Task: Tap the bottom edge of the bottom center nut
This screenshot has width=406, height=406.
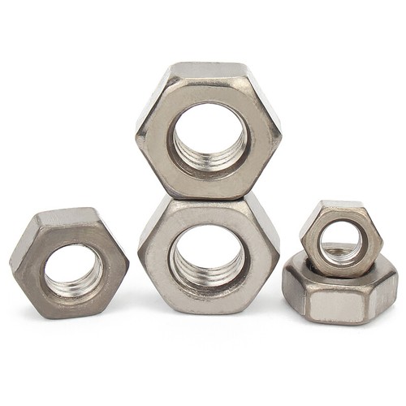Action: pyautogui.click(x=209, y=312)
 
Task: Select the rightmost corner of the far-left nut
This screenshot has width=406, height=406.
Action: pyautogui.click(x=128, y=261)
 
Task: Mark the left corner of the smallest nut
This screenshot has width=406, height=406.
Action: pyautogui.click(x=301, y=236)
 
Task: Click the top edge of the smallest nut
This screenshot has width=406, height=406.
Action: pyautogui.click(x=341, y=203)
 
